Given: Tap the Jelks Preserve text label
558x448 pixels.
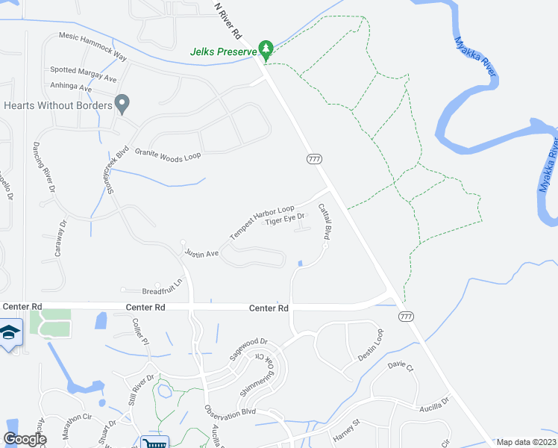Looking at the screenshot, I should pos(223,52).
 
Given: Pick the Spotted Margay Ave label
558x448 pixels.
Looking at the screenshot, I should pos(84,73).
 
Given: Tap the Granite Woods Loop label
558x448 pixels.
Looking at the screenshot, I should pos(168,153).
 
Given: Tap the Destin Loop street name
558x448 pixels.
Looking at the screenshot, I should pos(371,345).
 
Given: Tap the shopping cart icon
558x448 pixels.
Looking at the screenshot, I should pos(154,442).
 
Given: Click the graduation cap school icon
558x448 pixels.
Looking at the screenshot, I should pos(10,333).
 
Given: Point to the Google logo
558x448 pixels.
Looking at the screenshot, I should pos(25,440).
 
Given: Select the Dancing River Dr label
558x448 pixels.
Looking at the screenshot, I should pos(45,167).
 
